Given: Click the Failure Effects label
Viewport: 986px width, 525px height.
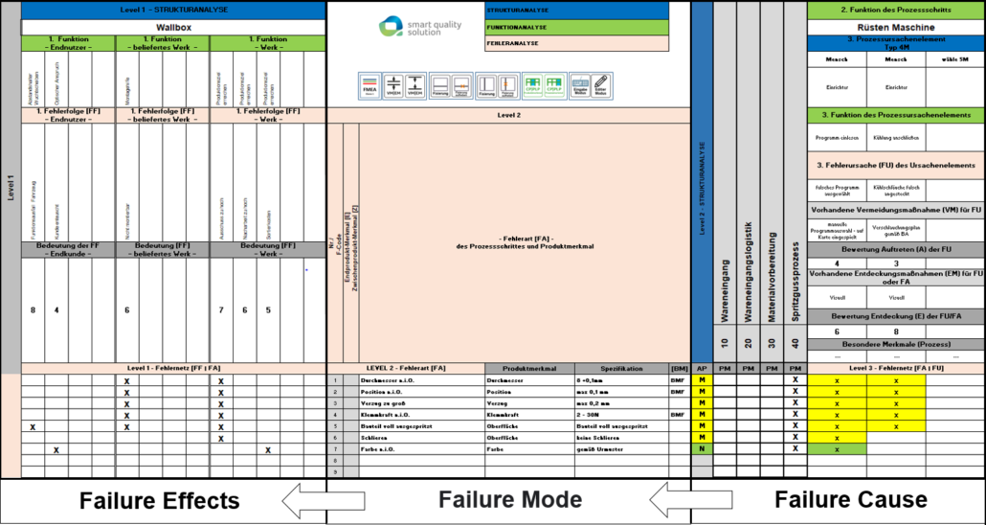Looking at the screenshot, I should coord(159,500).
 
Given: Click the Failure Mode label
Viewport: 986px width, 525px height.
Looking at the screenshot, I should coord(509,499).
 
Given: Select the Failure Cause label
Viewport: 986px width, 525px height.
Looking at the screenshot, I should coord(850,499).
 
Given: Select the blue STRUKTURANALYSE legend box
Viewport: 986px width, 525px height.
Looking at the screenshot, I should coord(576,10).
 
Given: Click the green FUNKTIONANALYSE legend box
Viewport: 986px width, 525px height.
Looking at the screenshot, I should coord(576,27).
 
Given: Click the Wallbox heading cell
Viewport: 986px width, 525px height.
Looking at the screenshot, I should coord(173,28).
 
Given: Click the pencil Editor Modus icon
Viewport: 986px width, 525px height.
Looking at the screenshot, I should coord(600,85).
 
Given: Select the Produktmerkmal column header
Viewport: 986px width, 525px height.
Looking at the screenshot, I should coord(530,368).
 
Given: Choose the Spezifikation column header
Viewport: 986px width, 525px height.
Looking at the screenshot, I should coord(620,368).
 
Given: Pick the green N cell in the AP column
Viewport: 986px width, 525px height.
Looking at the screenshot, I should coord(703,448).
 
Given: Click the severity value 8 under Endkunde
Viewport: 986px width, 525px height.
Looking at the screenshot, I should coord(34,310).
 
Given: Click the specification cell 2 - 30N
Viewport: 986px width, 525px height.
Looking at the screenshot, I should coord(620,414).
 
